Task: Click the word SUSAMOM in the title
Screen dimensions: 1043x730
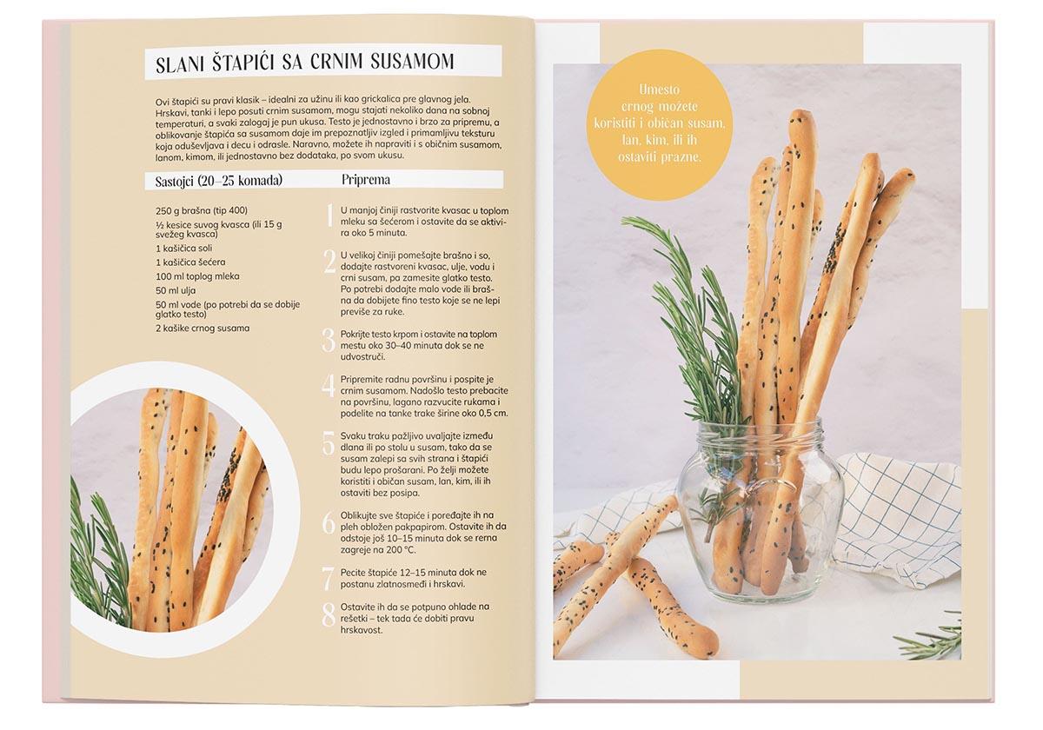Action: click(412, 62)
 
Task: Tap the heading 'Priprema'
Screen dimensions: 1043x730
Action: click(366, 180)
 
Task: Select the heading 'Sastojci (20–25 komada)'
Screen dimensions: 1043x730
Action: click(219, 181)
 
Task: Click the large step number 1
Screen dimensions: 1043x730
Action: click(330, 216)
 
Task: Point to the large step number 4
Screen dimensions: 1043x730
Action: click(329, 385)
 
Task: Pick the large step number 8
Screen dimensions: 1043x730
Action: click(329, 614)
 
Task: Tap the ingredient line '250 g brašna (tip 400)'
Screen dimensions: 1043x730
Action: click(202, 210)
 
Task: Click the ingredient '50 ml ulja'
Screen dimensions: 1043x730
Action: click(176, 290)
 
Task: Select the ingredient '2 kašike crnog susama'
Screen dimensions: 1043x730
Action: click(203, 328)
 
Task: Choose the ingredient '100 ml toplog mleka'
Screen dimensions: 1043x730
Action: click(197, 276)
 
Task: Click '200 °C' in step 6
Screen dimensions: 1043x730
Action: click(401, 550)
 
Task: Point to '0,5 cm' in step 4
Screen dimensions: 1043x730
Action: click(493, 414)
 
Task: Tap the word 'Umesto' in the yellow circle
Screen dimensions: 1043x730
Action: click(660, 90)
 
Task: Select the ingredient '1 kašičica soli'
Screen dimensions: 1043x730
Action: click(183, 249)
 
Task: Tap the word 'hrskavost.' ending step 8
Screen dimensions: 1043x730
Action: click(362, 630)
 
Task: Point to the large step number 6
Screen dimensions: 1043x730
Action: click(329, 524)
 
